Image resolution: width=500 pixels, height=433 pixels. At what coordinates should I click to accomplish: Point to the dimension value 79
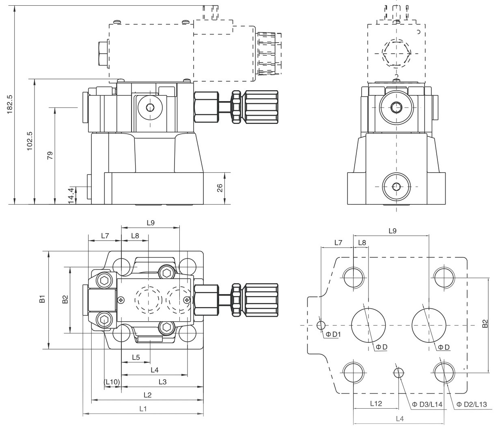tap(50, 155)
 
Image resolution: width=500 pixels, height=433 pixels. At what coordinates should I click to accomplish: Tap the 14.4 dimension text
tap(71, 195)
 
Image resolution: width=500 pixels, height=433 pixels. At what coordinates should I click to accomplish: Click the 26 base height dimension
tap(220, 188)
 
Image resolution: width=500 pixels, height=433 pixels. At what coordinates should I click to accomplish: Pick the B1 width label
tap(42, 300)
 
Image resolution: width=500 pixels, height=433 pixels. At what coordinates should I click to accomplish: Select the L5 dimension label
tap(136, 357)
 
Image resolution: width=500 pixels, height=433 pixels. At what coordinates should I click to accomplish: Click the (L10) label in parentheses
tap(112, 382)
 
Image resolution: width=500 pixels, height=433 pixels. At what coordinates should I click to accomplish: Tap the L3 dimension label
tap(162, 382)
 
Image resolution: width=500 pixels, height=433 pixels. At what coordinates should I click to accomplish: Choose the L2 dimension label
tap(147, 395)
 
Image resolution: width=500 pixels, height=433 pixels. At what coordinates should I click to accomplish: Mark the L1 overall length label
tap(143, 409)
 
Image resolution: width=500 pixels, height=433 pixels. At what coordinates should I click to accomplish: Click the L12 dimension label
tap(376, 403)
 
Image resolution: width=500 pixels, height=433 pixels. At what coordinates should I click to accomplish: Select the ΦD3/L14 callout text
tap(427, 405)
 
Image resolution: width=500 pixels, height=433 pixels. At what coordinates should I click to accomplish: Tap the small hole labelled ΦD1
tap(321, 325)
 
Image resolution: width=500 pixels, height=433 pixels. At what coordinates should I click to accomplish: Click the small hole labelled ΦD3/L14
tap(398, 372)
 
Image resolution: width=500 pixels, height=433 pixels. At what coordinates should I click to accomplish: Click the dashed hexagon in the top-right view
tap(397, 52)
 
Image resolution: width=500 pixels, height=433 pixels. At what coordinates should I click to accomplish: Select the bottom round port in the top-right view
tap(397, 186)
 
